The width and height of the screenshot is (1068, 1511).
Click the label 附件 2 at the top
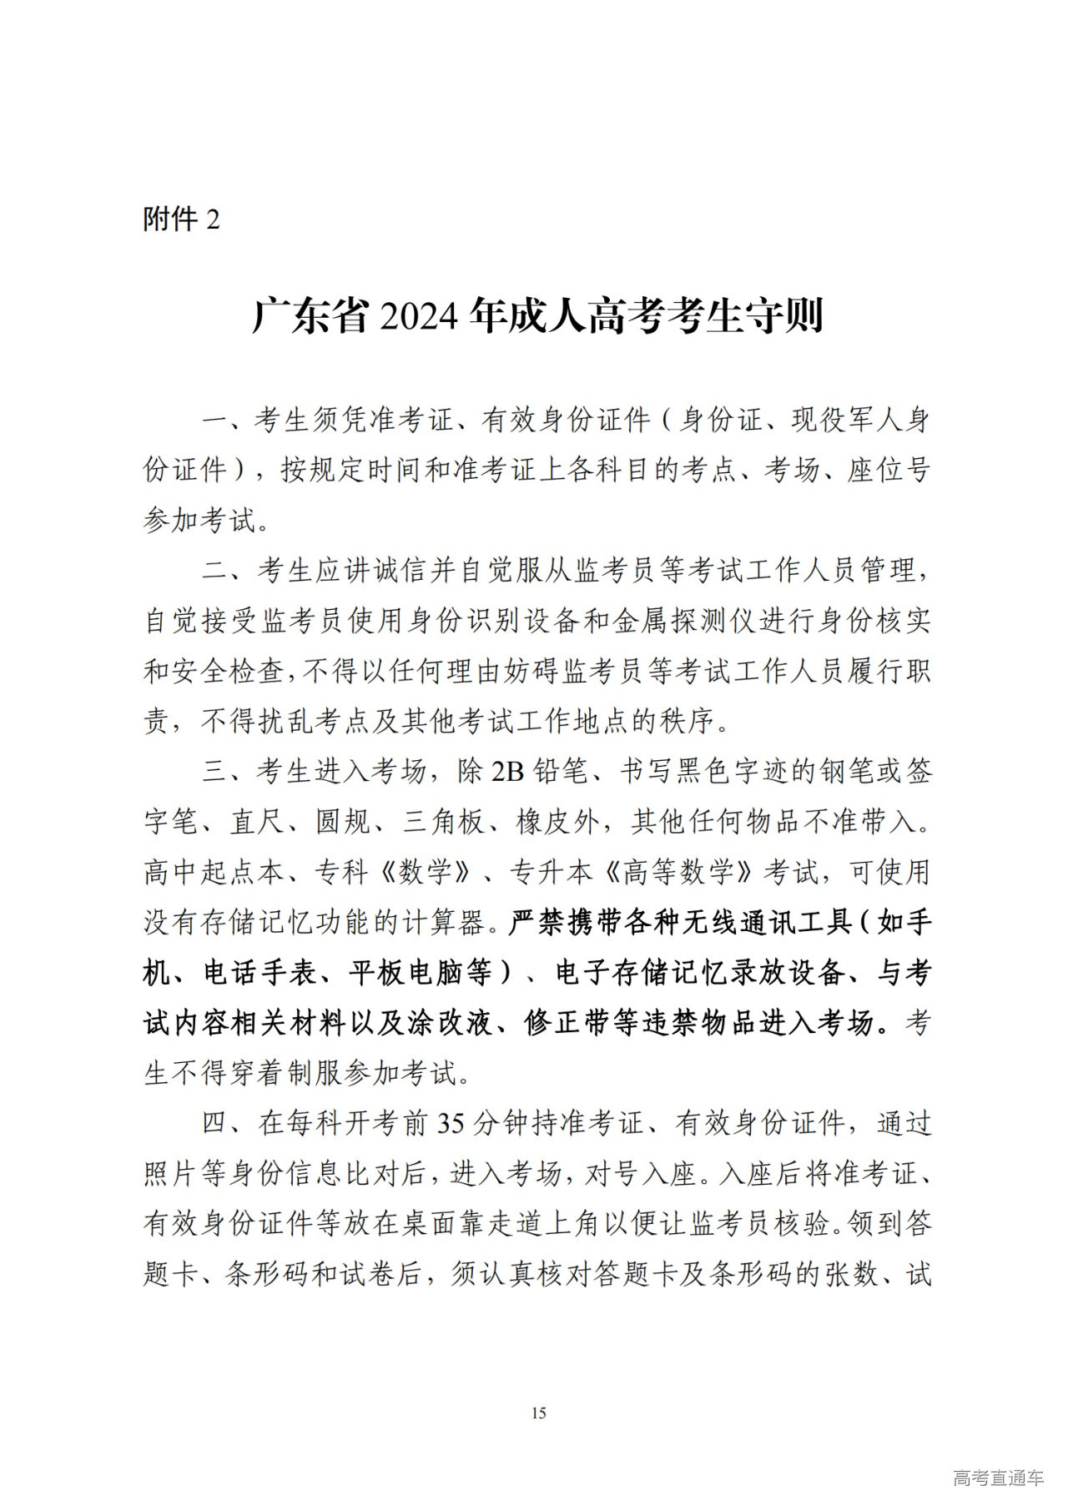click(x=182, y=220)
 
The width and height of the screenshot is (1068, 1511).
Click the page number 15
click(x=538, y=1413)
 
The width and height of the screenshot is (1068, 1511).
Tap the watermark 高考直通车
click(x=998, y=1478)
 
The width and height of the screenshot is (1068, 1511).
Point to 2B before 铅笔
click(x=507, y=773)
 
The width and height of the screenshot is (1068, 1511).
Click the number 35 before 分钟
click(x=451, y=1125)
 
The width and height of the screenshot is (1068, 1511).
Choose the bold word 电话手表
click(x=263, y=973)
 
